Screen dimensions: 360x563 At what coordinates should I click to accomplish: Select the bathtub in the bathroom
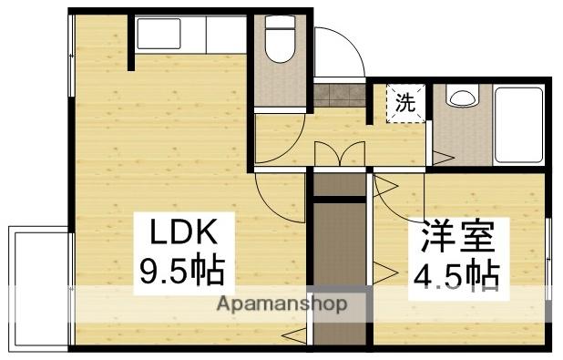(519, 125)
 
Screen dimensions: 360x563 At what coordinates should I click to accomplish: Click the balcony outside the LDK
(38, 288)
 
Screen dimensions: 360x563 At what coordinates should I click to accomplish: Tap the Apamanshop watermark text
(282, 304)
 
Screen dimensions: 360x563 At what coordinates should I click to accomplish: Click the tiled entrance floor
(340, 94)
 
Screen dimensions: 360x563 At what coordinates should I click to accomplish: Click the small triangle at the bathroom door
(445, 158)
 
